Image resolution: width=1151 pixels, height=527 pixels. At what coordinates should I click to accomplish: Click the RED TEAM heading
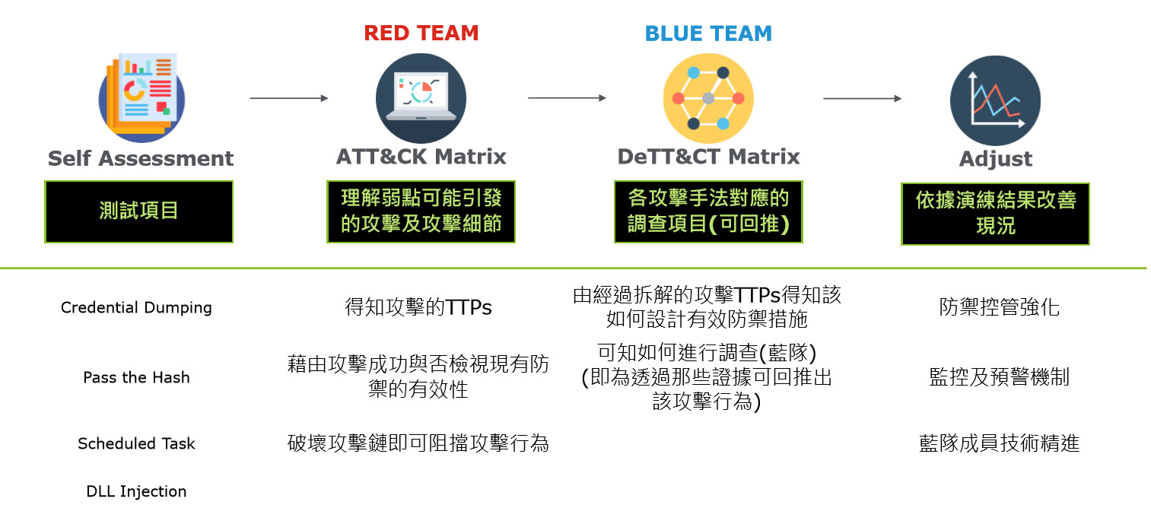421,33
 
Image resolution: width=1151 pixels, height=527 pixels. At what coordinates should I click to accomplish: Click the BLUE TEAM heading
707,33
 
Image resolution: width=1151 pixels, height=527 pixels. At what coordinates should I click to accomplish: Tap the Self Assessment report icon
141,97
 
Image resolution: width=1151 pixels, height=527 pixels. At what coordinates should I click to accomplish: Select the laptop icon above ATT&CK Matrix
421,97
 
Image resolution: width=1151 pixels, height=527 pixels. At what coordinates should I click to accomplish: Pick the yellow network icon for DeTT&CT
707,97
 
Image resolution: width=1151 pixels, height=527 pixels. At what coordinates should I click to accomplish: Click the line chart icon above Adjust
995,100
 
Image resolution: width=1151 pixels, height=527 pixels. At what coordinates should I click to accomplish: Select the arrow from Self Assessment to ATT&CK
288,98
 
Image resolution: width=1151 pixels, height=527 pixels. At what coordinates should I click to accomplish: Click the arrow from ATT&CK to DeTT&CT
567,98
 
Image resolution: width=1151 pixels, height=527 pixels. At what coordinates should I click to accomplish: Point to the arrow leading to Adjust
862,98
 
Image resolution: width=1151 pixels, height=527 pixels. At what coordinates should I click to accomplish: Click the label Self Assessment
141,159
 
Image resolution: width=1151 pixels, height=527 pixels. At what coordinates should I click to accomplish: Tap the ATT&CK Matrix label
421,157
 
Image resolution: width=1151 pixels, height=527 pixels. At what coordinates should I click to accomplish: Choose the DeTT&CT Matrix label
708,157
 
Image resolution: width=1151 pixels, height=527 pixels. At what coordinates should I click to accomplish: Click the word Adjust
995,160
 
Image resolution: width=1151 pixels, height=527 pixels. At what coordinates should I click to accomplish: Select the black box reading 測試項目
138,211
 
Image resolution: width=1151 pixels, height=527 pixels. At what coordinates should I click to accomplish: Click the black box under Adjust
995,214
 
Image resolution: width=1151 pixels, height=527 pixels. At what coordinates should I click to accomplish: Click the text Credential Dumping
136,308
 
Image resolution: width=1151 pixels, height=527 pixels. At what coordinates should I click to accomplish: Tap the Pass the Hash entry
136,378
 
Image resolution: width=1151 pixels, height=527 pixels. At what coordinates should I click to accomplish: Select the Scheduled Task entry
136,443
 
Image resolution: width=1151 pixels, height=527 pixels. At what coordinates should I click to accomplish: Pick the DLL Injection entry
136,491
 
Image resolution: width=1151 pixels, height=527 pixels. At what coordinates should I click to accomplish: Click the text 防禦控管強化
999,308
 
